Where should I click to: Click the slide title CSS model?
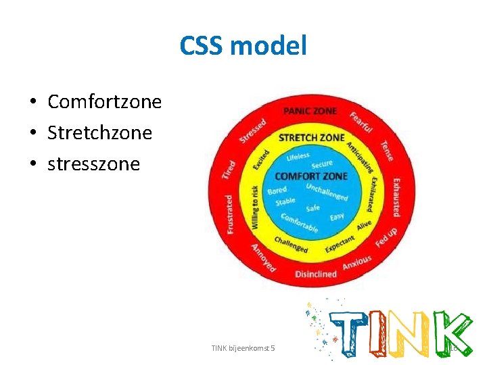pos(243,47)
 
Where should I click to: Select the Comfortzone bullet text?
pos(104,102)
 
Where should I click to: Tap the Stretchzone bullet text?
pos(99,132)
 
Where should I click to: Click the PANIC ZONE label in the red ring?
pos(310,111)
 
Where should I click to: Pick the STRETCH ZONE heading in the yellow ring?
pos(312,138)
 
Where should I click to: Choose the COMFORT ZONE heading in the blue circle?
pos(311,176)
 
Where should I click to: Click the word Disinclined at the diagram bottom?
pos(316,274)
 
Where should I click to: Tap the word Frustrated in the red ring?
pos(230,214)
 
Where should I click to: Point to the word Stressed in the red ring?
pos(252,130)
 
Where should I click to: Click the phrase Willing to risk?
pos(254,207)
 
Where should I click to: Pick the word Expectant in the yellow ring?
pos(340,244)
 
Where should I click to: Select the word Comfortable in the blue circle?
pos(300,224)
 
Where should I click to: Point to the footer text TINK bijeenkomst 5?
pos(243,347)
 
